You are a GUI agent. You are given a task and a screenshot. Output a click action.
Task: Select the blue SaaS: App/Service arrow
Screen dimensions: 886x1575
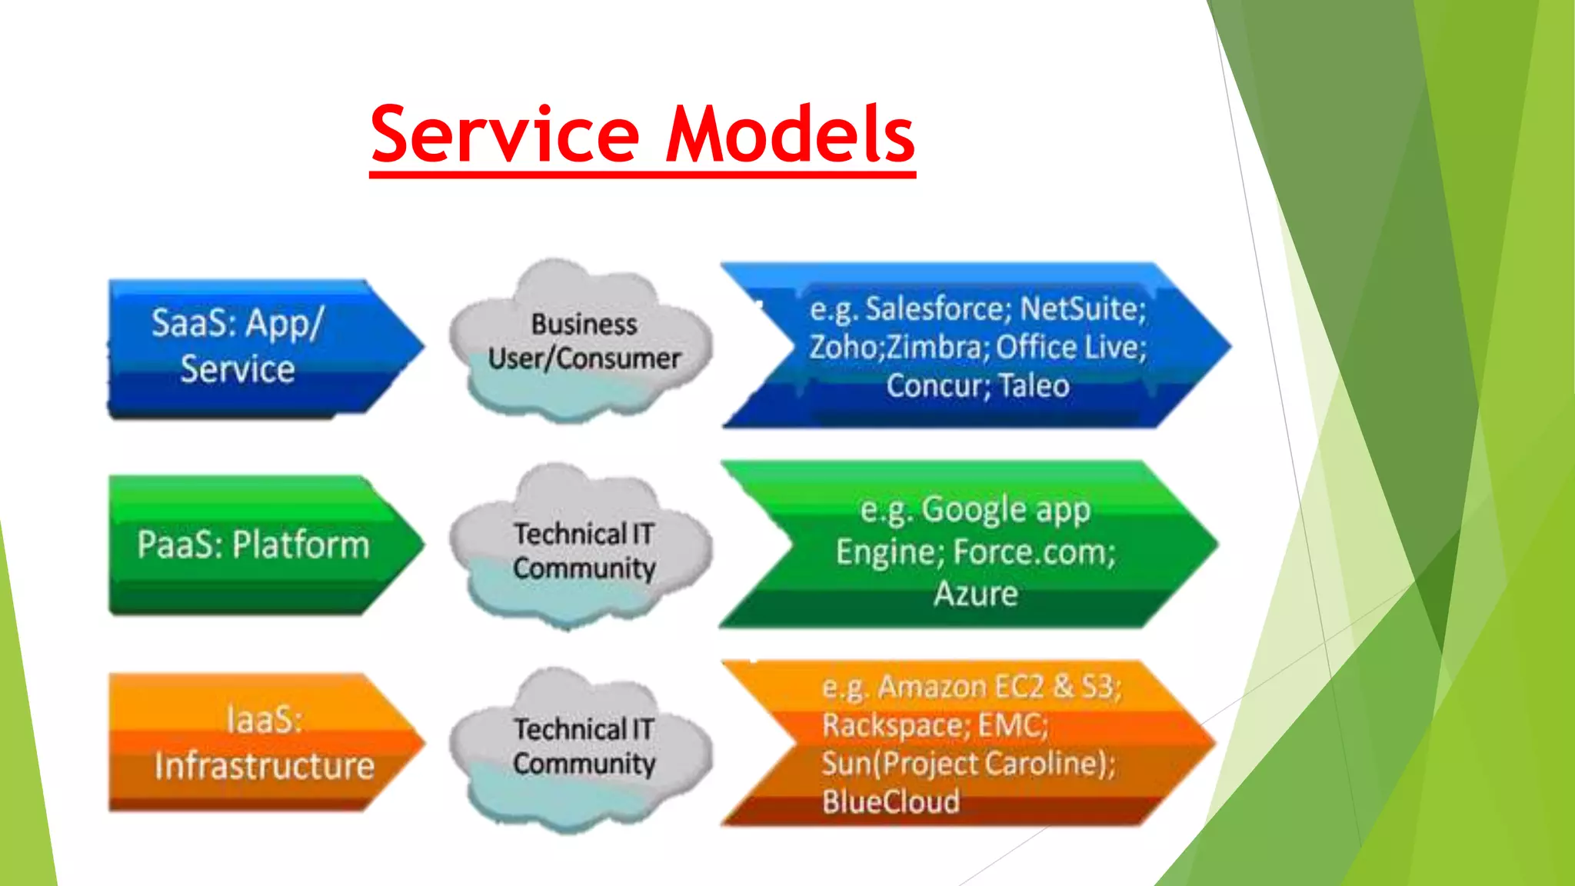[x=254, y=348]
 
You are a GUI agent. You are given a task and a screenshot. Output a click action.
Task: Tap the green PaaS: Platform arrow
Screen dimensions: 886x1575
[x=254, y=545]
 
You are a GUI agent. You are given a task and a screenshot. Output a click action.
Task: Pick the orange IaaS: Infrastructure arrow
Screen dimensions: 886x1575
[x=261, y=743]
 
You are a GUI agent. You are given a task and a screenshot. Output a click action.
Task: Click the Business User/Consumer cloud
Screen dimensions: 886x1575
[x=583, y=343]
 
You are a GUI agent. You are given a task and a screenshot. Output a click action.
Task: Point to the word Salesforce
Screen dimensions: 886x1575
[x=933, y=309]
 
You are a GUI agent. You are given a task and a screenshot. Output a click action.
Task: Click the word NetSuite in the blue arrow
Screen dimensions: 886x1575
[x=1082, y=309]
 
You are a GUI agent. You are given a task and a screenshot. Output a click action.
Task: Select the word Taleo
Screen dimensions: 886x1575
[x=1033, y=385]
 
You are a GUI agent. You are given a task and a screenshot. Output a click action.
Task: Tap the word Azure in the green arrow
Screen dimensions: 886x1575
[x=976, y=594]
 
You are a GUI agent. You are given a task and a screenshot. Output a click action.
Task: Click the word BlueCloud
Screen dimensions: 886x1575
[x=891, y=802]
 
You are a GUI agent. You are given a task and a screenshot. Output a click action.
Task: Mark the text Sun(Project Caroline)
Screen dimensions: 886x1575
[x=967, y=764]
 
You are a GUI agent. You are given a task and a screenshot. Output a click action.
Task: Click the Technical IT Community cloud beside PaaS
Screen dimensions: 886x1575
[x=583, y=550]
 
